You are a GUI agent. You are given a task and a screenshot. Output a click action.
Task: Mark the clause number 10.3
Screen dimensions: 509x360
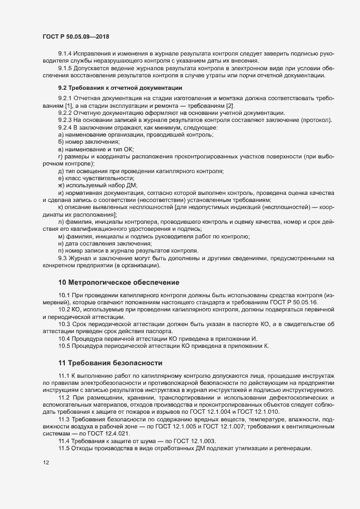(x=65, y=324)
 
